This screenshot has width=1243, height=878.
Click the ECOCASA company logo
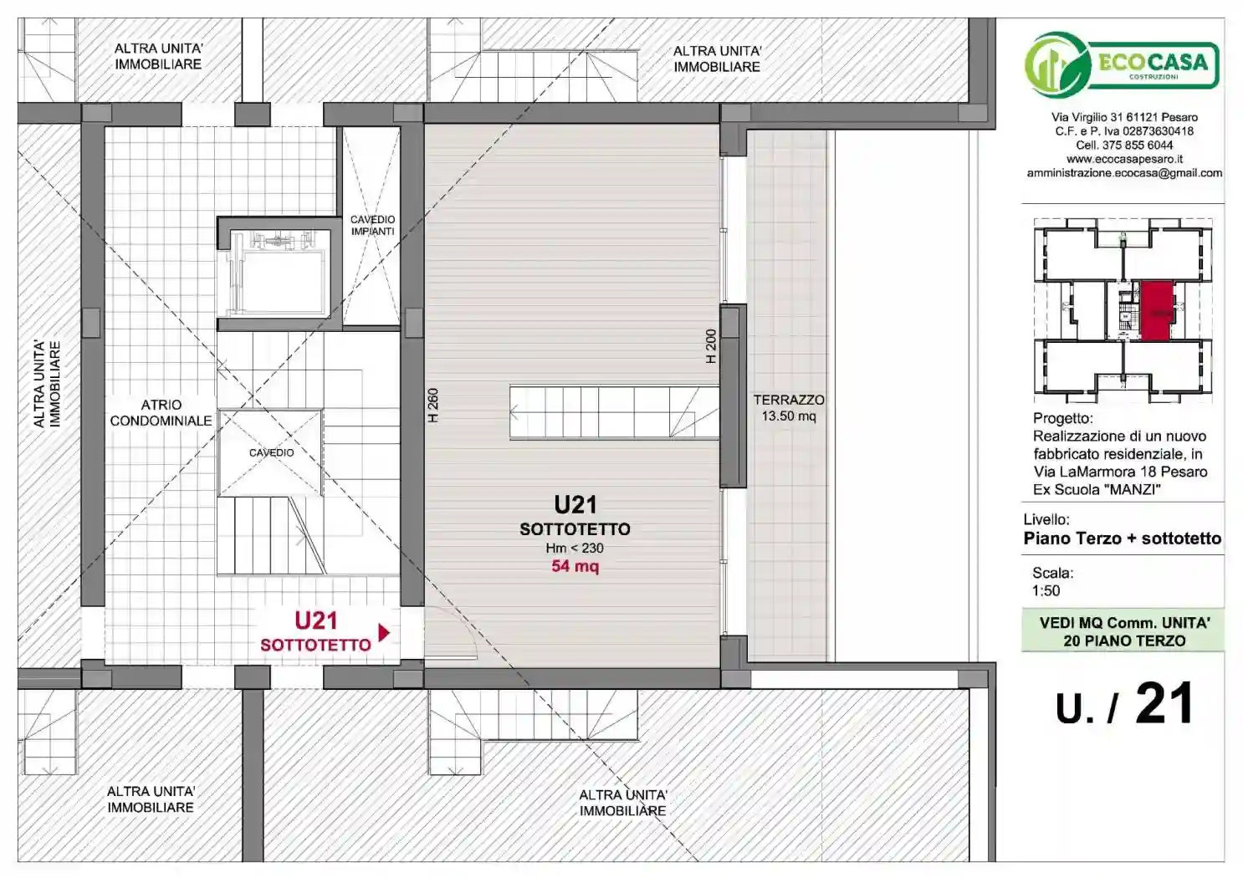(1122, 64)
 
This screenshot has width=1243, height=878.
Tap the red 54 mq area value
(575, 566)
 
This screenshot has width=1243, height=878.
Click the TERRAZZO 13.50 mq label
(789, 408)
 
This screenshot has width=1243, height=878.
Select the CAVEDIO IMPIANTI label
(372, 225)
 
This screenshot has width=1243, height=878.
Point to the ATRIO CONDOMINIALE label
(161, 412)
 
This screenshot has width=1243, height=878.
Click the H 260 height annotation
(433, 405)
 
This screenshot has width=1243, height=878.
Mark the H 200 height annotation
(711, 347)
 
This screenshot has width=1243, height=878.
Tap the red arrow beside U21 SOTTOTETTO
(384, 632)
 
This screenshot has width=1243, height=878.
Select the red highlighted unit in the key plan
(1157, 310)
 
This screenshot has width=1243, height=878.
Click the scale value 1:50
(1046, 590)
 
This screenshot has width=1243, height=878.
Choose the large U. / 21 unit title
(1124, 704)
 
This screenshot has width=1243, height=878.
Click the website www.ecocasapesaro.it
(1124, 159)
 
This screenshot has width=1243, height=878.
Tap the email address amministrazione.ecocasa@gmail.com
(1124, 172)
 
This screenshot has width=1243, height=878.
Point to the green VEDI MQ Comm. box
(1123, 630)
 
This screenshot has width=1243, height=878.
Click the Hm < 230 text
(575, 548)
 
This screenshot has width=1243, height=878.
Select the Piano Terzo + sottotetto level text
(1122, 539)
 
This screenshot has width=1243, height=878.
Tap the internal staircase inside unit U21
(614, 412)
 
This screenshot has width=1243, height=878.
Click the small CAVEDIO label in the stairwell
(271, 452)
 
